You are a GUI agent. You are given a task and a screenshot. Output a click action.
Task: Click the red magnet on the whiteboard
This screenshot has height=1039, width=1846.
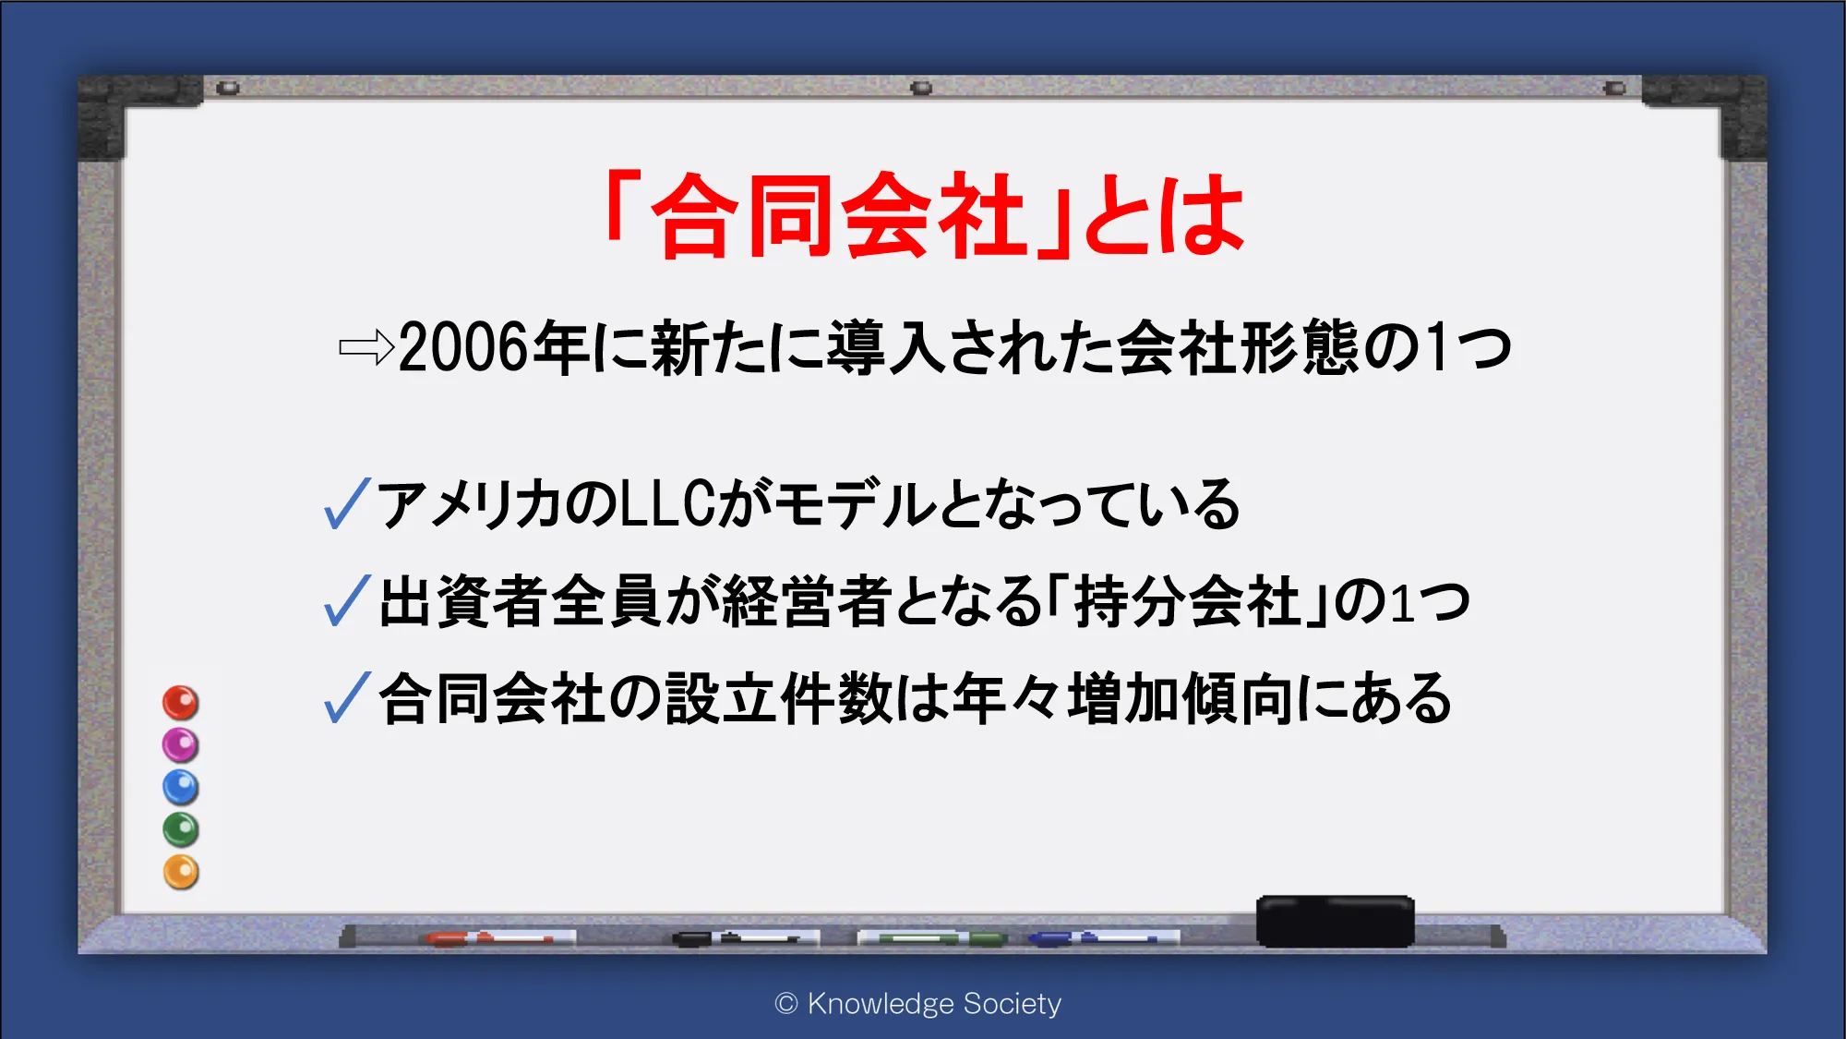click(x=181, y=703)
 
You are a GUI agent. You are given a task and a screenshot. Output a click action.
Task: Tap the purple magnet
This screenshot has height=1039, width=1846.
click(x=181, y=744)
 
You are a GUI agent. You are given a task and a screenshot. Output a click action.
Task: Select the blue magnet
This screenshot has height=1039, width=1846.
click(x=181, y=787)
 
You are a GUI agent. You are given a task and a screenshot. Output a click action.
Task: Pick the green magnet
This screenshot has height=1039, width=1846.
click(x=181, y=829)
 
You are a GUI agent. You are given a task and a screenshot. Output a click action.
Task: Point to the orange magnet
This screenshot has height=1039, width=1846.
click(x=181, y=872)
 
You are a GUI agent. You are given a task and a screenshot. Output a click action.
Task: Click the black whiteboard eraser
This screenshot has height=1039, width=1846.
click(x=1335, y=921)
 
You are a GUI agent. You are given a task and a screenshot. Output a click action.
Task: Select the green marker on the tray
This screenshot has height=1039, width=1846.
click(x=932, y=938)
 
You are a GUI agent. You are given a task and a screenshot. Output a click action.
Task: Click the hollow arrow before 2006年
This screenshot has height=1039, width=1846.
click(x=366, y=348)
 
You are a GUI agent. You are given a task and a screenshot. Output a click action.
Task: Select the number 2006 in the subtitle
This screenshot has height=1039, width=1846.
click(x=464, y=348)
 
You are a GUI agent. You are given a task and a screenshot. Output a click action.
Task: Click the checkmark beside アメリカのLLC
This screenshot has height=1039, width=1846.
click(x=347, y=503)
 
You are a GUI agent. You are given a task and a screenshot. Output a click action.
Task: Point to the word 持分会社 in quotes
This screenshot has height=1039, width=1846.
click(x=1188, y=601)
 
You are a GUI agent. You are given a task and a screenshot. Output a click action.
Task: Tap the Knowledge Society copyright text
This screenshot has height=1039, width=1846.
click(x=918, y=1003)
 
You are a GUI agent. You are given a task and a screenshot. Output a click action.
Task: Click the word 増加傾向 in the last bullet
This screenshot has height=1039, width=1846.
click(x=1181, y=698)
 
